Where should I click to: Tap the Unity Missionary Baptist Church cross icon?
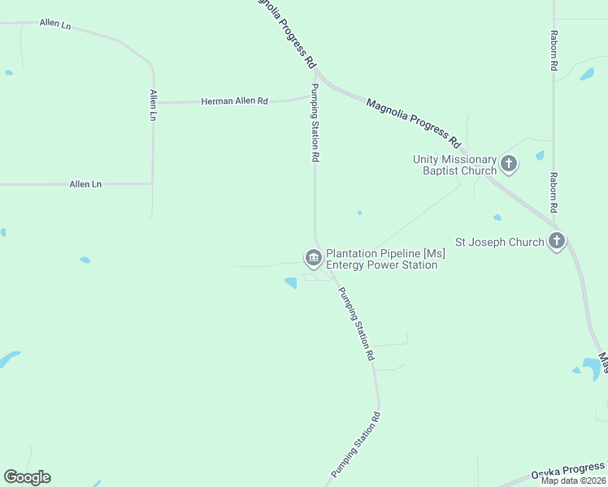point(509,165)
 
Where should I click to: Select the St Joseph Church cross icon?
point(557,241)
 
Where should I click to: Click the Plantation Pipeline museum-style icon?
point(313,258)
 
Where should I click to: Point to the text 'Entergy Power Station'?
point(381,265)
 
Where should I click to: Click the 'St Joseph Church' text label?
point(499,242)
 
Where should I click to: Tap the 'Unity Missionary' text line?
point(454,159)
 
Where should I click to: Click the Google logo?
point(27,477)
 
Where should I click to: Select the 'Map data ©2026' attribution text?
point(574,481)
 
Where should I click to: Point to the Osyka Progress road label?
point(568,470)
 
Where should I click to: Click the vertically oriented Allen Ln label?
point(152,106)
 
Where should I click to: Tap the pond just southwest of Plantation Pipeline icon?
point(290,282)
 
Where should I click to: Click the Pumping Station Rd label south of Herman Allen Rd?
point(315,122)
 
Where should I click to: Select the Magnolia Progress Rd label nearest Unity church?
point(414,118)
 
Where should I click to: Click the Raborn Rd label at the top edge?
point(554,51)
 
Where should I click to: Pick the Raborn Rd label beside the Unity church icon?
point(553,192)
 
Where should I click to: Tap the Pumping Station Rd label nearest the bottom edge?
point(356,446)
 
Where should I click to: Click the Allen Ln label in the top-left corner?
point(55,24)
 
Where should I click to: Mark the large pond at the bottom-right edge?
point(592,368)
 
